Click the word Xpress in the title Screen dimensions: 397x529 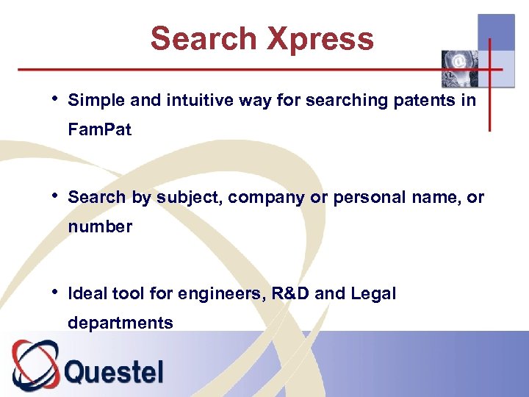click(x=320, y=39)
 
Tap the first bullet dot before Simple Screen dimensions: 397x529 click(x=56, y=99)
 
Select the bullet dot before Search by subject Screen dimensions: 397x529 click(x=56, y=196)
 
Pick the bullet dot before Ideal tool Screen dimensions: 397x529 click(x=56, y=293)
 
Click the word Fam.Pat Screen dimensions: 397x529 click(x=100, y=130)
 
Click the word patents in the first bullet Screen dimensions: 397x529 click(x=425, y=101)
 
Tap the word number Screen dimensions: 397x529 click(x=100, y=227)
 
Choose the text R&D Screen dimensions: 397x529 click(x=291, y=294)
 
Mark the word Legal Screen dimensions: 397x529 click(x=373, y=294)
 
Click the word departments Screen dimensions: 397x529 click(x=120, y=323)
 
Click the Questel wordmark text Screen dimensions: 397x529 click(x=114, y=371)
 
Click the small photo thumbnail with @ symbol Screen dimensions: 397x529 click(x=458, y=68)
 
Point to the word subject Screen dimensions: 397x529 click(x=184, y=198)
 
